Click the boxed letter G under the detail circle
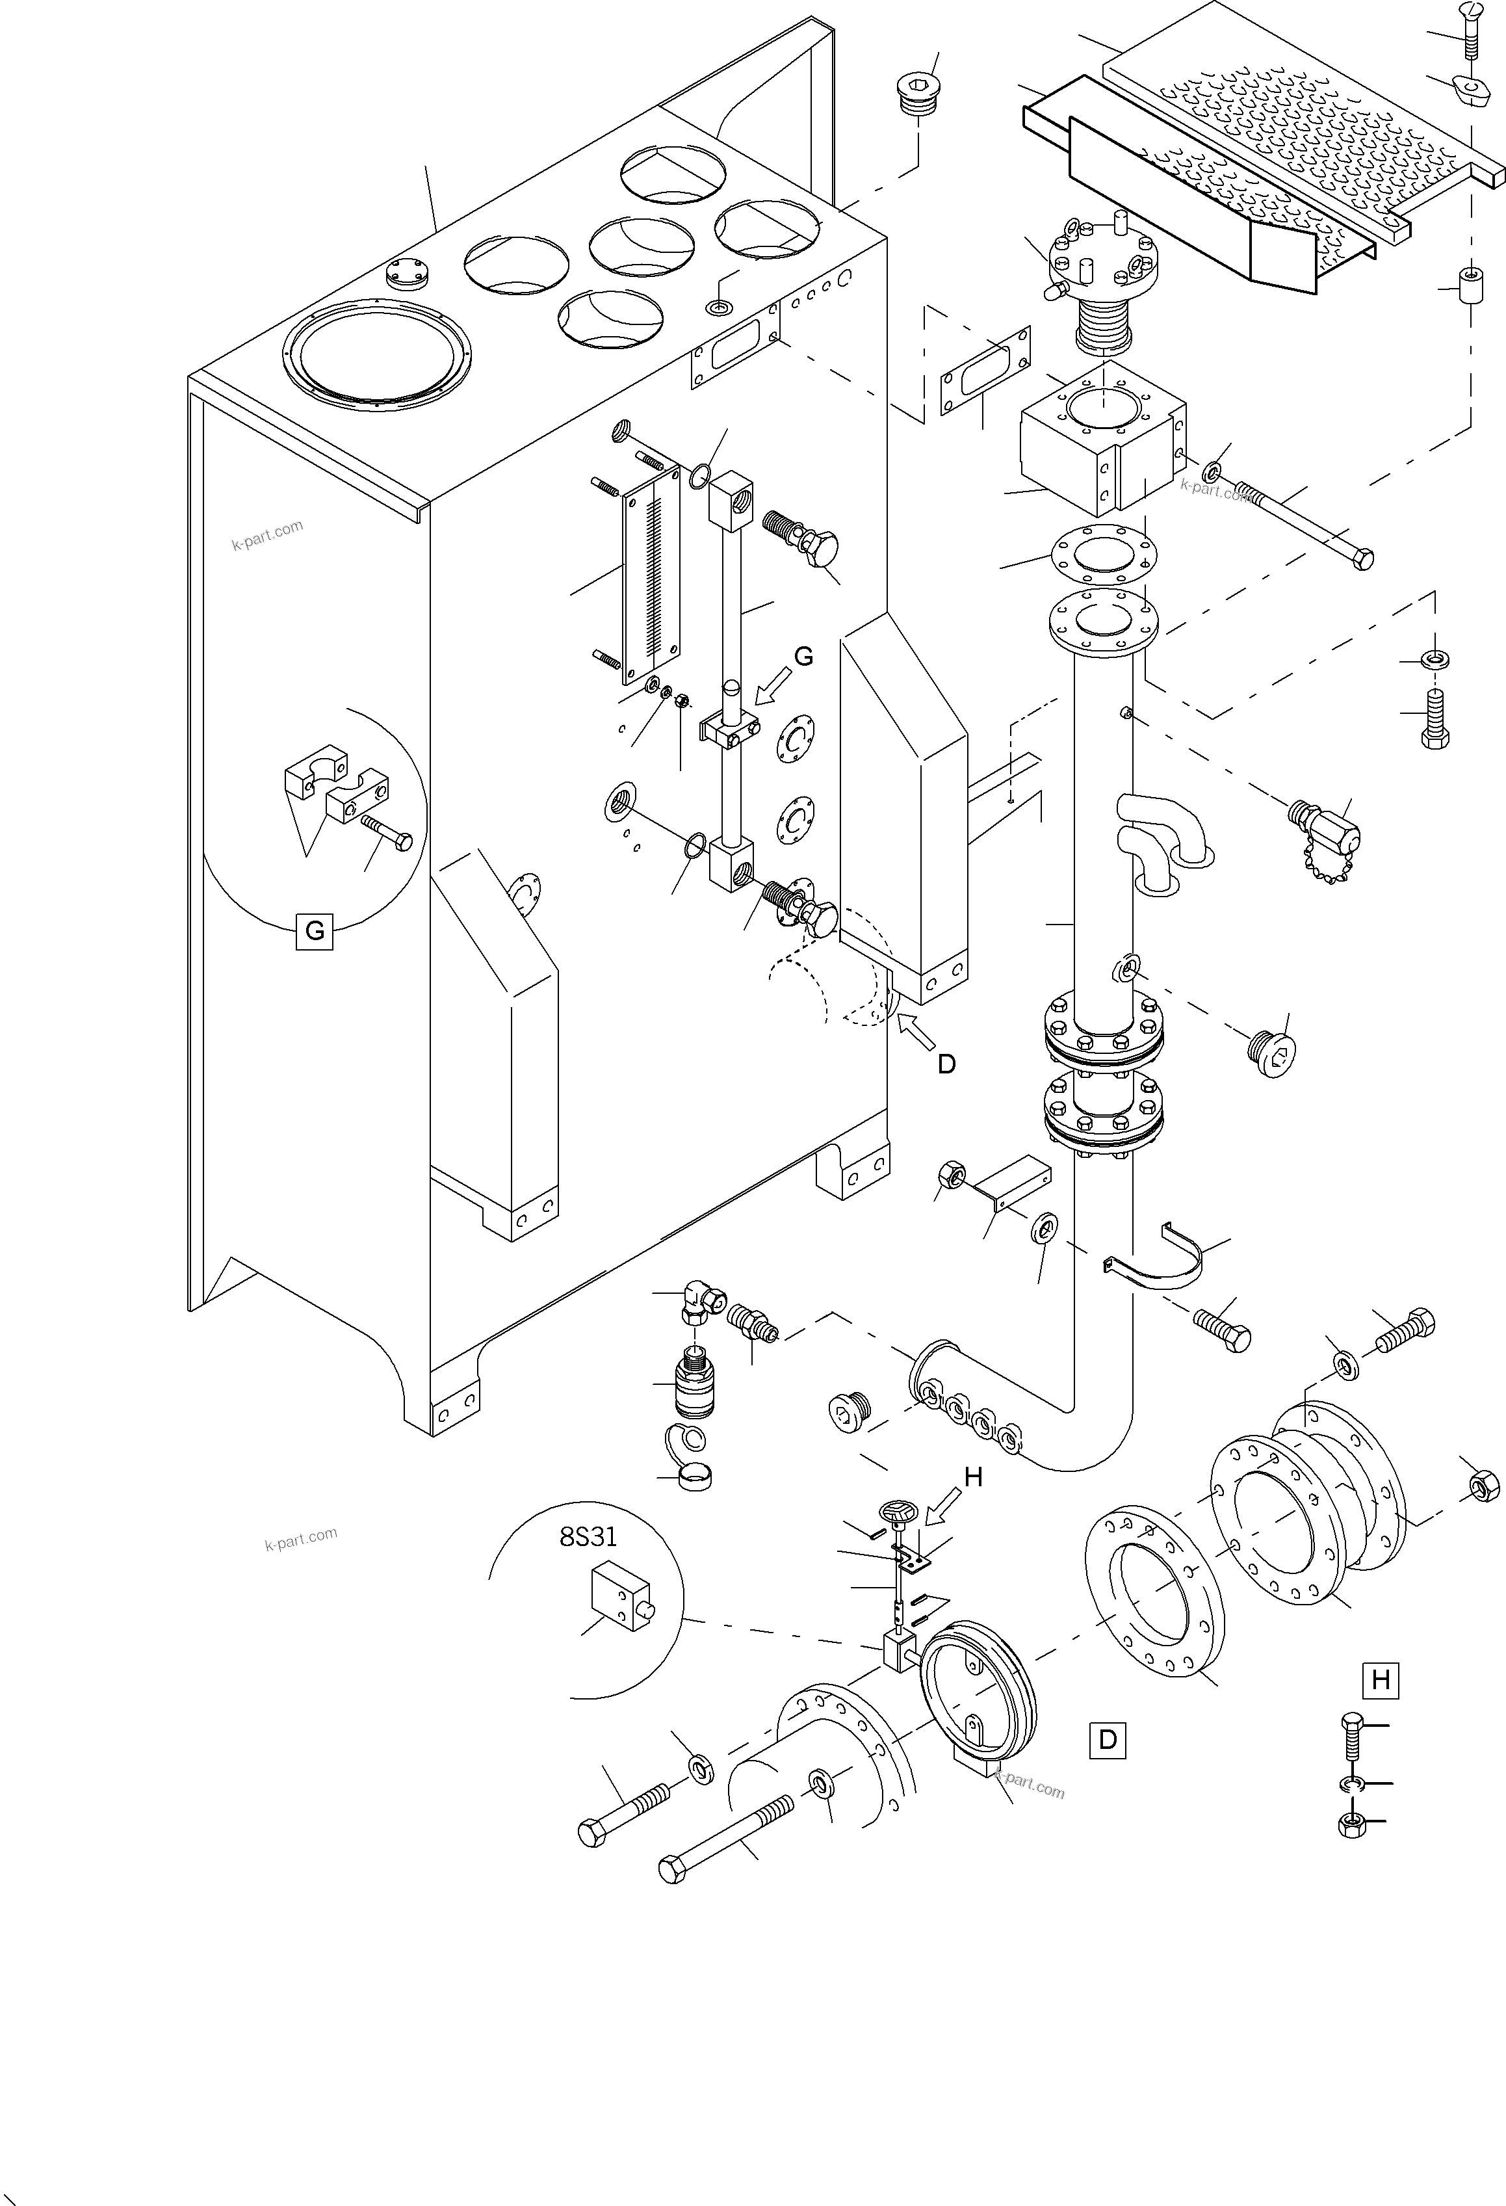click(x=314, y=930)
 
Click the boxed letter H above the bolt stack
click(x=1381, y=1680)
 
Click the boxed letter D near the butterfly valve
click(x=1108, y=1739)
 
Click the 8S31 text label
click(x=588, y=1537)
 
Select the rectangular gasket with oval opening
click(x=985, y=371)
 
